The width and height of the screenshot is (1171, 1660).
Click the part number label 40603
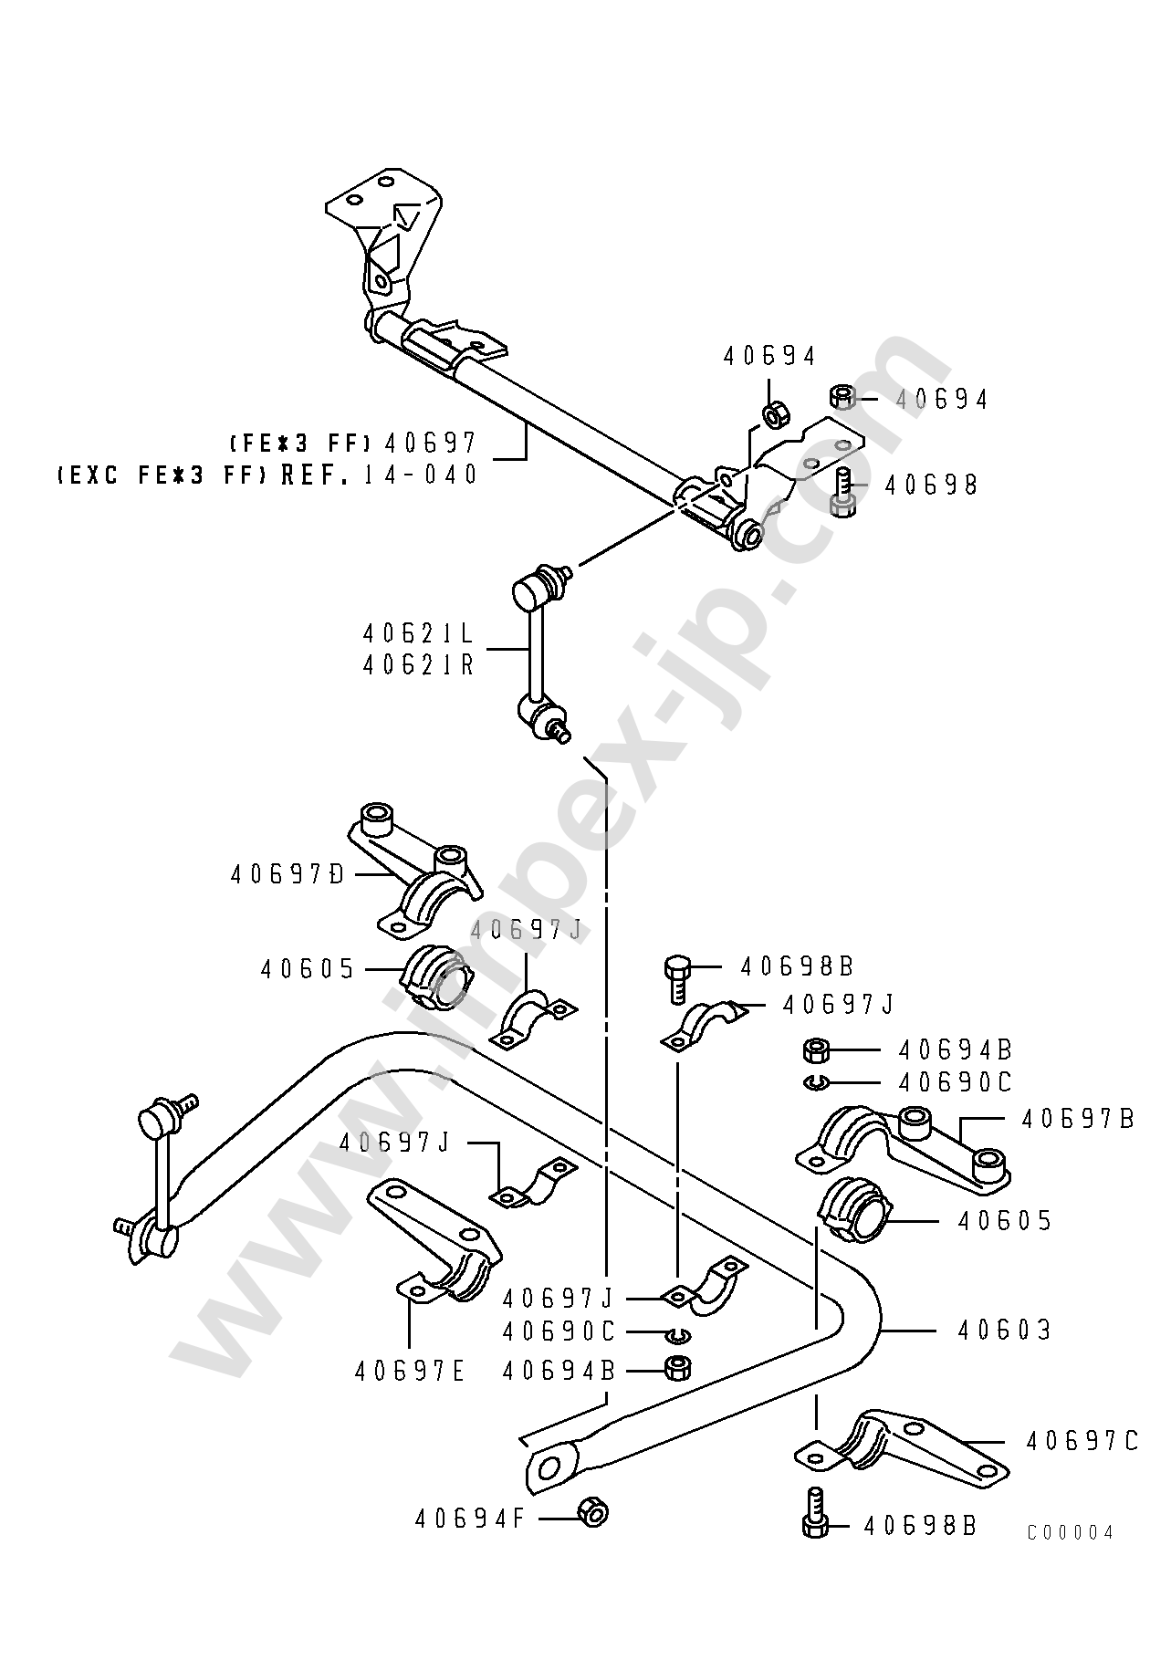[1004, 1331]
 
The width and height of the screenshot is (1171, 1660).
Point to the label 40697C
[1081, 1441]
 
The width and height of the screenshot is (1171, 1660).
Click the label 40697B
[1077, 1119]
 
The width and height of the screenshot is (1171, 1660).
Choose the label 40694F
[470, 1519]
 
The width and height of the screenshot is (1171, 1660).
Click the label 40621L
[419, 633]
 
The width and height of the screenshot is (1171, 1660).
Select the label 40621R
[419, 664]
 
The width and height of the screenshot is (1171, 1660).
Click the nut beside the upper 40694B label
[814, 1049]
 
